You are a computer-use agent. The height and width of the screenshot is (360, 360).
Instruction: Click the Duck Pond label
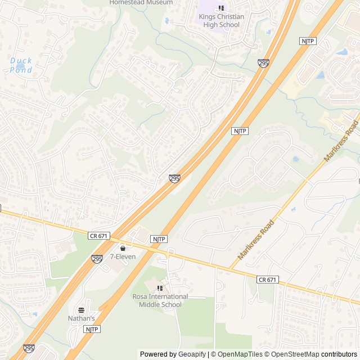21,65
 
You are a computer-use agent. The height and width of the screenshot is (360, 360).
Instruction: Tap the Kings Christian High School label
221,20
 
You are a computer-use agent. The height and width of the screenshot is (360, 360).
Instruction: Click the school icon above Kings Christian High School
221,8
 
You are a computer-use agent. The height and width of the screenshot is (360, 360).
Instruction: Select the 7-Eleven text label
123,256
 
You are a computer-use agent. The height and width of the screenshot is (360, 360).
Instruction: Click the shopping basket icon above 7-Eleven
123,247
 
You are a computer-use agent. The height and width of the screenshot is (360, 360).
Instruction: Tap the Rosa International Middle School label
160,300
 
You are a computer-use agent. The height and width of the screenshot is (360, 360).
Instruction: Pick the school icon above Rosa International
160,288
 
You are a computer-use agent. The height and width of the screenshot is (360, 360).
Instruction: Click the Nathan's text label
82,318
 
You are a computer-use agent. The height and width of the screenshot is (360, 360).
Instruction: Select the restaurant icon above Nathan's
82,309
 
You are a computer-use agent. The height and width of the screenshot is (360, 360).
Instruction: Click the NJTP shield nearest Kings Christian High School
307,41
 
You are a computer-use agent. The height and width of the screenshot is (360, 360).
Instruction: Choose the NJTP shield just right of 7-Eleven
159,239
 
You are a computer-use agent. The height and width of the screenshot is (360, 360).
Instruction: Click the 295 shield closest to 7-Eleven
97,259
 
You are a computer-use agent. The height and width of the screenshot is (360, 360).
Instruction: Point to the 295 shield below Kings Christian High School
263,64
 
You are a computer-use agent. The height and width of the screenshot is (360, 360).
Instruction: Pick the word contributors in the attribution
339,354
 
